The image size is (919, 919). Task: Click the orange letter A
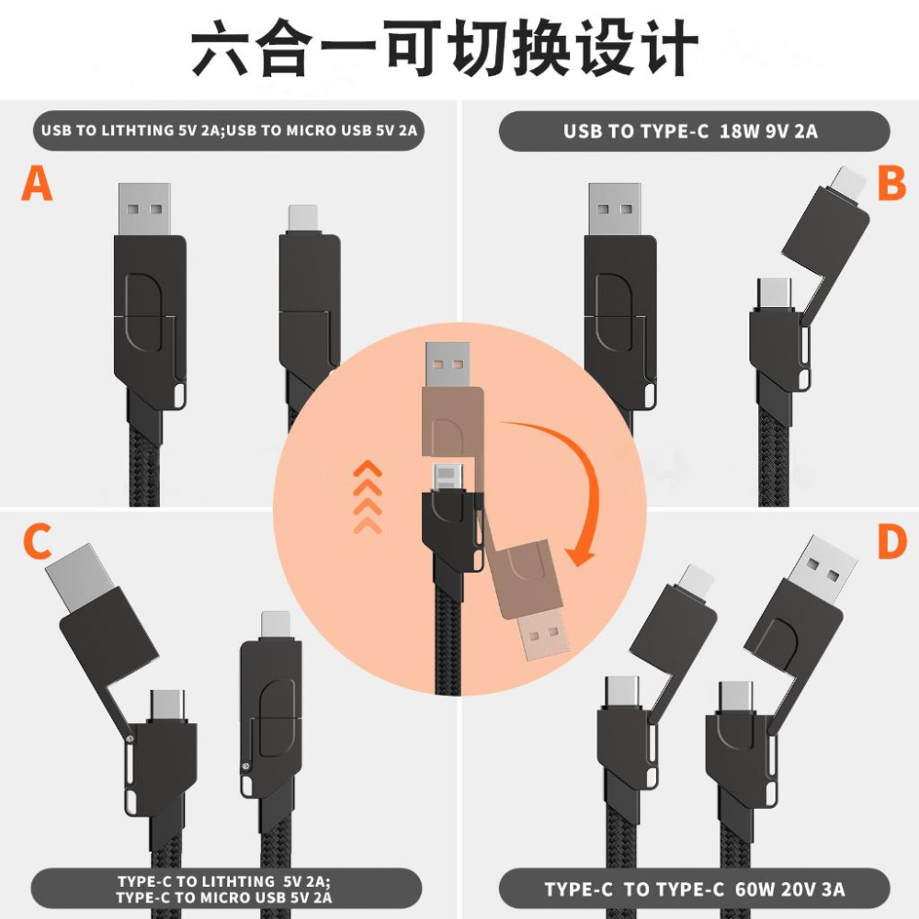pos(37,183)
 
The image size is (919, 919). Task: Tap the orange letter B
pos(891,183)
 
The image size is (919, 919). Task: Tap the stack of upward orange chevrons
pos(368,497)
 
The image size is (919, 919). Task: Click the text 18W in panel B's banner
pos(737,131)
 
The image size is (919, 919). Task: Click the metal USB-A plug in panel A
pos(144,210)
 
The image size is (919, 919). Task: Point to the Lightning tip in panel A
pos(303,218)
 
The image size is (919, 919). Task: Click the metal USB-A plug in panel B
pos(614,210)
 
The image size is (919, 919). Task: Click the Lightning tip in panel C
pos(275,622)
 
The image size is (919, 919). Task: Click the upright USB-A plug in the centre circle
pos(448,365)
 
